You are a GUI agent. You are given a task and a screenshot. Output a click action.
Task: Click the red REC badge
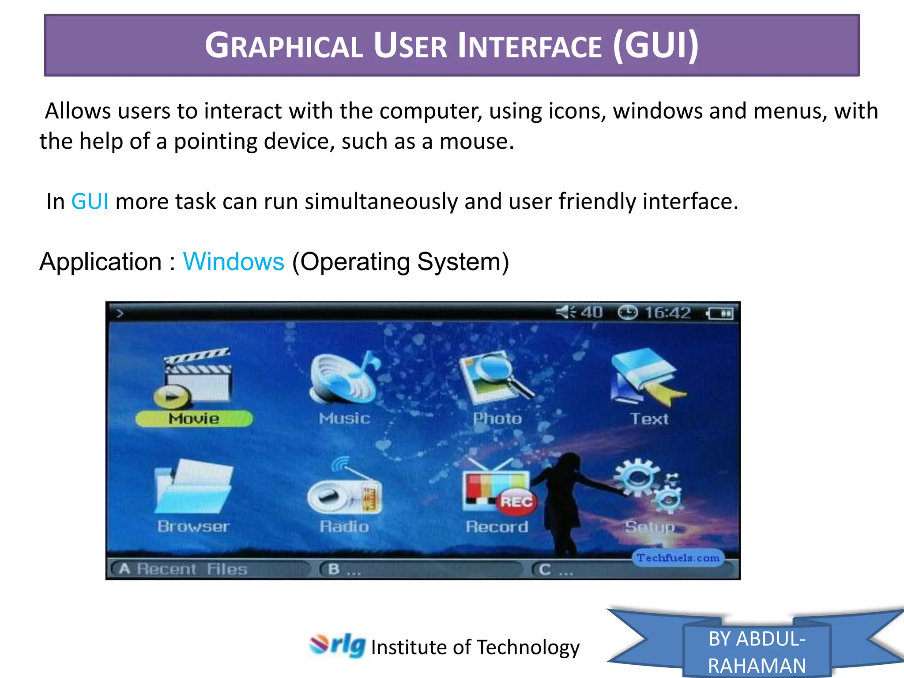click(x=516, y=502)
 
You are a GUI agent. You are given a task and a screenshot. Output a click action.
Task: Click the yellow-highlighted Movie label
click(x=194, y=418)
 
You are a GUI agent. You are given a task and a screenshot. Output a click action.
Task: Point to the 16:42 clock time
click(x=667, y=313)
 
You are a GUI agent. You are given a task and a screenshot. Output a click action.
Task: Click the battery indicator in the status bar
click(x=720, y=313)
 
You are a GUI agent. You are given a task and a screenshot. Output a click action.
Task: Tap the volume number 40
click(x=591, y=313)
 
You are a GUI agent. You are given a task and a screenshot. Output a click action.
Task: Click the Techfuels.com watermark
click(x=678, y=558)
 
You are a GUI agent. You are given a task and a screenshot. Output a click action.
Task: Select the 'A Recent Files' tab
click(x=183, y=569)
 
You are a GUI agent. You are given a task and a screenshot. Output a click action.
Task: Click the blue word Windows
click(x=234, y=262)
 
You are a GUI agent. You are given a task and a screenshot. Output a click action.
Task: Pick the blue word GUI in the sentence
click(x=90, y=202)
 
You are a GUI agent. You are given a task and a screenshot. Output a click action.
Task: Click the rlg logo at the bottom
click(x=338, y=645)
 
